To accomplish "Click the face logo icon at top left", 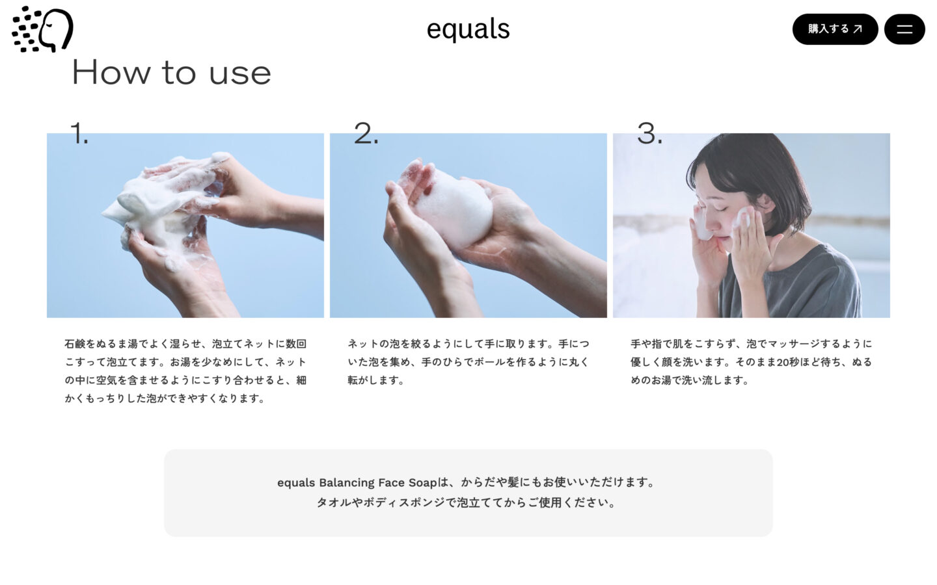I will coord(42,29).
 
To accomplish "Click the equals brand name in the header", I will coord(468,29).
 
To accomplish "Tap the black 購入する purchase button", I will coord(834,29).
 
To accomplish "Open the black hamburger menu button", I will coord(904,29).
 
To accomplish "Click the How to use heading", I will coord(171,72).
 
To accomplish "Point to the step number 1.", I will coord(79,134).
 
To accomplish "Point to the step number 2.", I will coord(366,134).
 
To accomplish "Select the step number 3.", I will coord(649,134).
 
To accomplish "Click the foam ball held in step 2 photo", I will coord(454,209).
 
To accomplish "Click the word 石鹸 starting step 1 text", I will coord(75,344).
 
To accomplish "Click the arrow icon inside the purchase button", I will coord(858,29).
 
